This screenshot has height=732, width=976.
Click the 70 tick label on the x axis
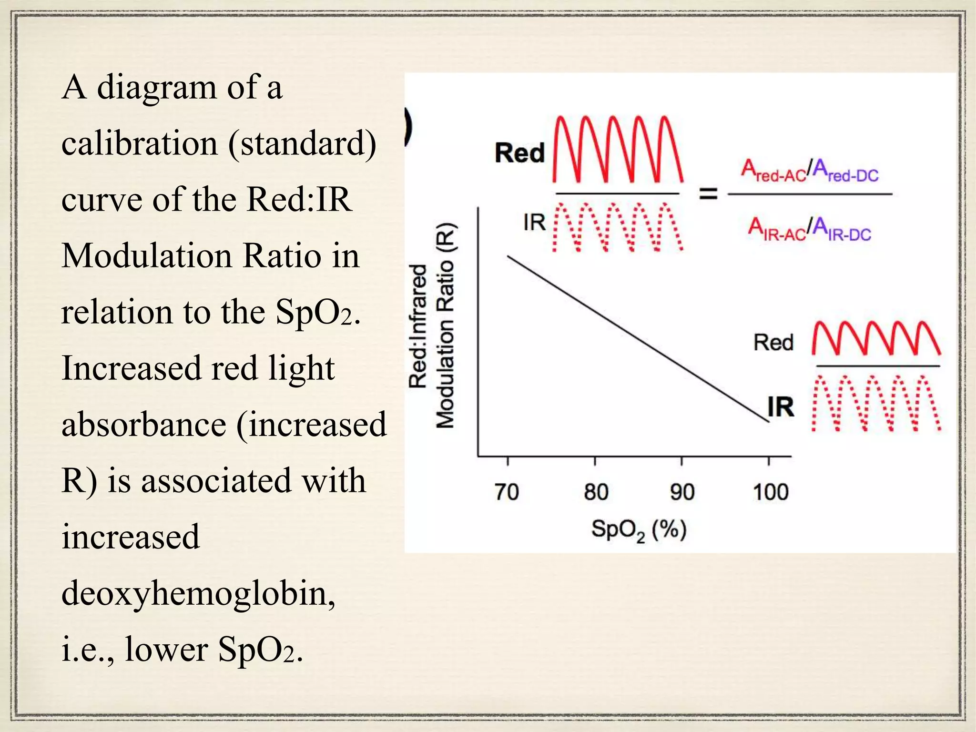507,492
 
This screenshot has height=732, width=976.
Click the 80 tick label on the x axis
596,492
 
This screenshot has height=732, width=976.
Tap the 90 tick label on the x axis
682,492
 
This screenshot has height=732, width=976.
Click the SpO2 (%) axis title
639,530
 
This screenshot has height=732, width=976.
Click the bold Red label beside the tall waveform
519,153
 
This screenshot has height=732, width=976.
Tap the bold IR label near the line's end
781,407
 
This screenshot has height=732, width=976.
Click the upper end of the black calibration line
508,257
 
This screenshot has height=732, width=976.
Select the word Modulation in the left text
147,255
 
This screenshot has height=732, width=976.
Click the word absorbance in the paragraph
143,424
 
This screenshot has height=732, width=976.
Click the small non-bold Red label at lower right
773,343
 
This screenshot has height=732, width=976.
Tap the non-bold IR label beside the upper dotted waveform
534,223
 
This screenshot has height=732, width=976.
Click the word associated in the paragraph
216,480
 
